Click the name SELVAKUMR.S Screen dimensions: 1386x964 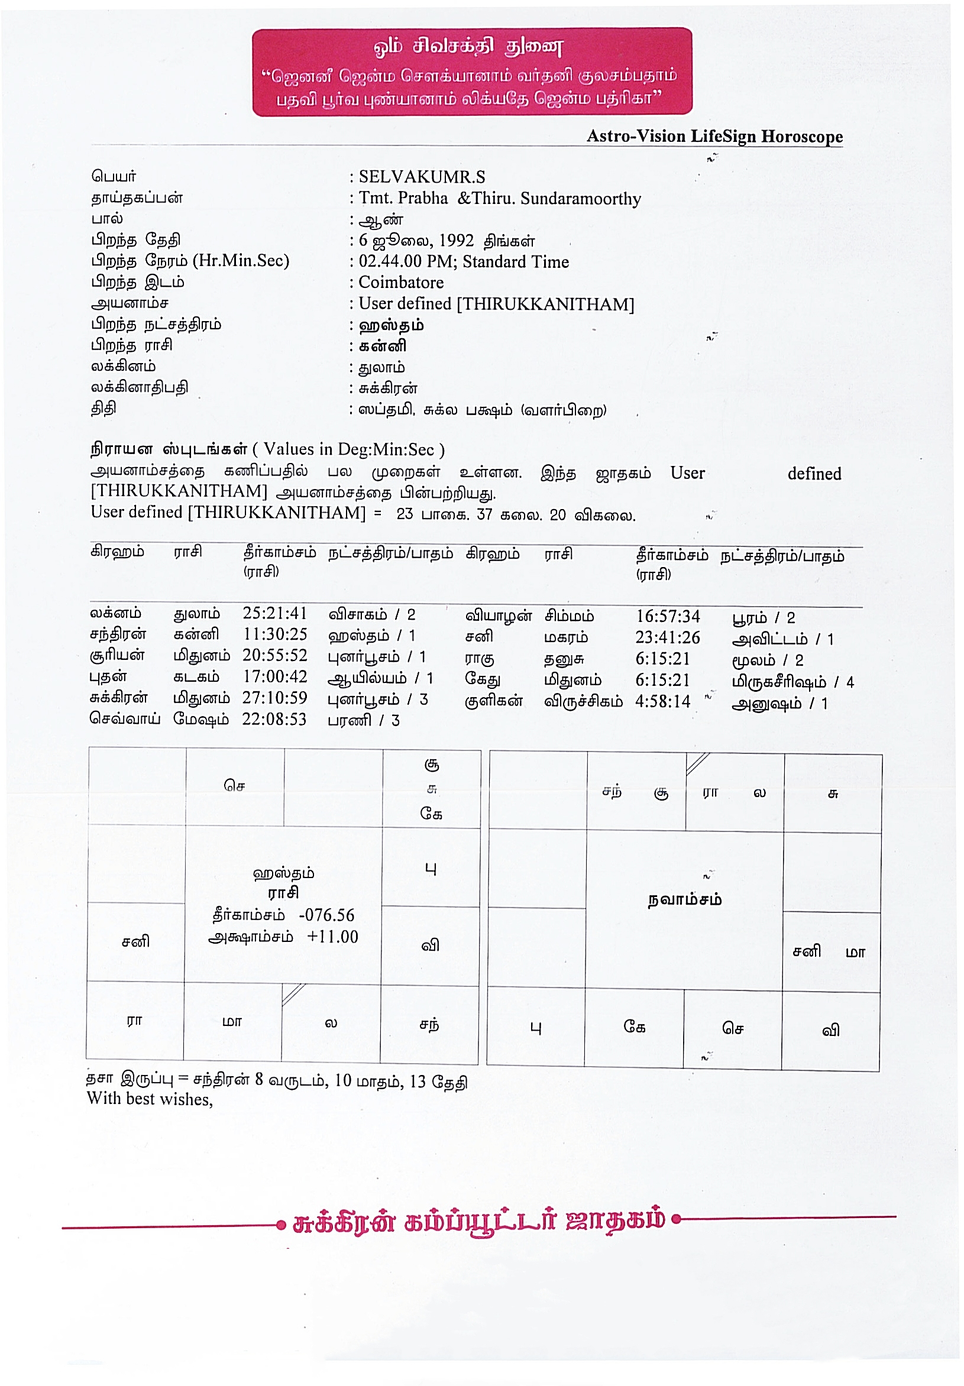tap(421, 177)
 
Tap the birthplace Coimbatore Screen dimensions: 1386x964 tap(401, 283)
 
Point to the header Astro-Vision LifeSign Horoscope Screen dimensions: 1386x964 tap(714, 137)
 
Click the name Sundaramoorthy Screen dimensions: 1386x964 tap(580, 199)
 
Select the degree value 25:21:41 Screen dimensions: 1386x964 tap(274, 613)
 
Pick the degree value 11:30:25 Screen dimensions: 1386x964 tap(274, 634)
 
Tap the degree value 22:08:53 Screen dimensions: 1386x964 tap(274, 720)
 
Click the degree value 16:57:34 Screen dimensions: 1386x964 tap(667, 616)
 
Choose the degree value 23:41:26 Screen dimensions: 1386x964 tap(667, 637)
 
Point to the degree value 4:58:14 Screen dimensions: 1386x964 tap(662, 701)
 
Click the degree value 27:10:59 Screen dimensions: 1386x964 tap(274, 698)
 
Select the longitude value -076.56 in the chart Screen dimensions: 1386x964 tap(326, 915)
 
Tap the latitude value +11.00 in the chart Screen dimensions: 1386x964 tap(332, 937)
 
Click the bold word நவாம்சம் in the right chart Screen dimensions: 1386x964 tap(684, 900)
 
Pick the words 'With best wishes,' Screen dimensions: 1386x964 tap(150, 1099)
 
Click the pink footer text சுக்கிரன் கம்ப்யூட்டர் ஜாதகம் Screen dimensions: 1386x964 tap(478, 1220)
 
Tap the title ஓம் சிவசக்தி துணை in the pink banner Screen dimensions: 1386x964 tap(468, 47)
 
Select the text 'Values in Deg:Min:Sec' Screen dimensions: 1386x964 tap(349, 450)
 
